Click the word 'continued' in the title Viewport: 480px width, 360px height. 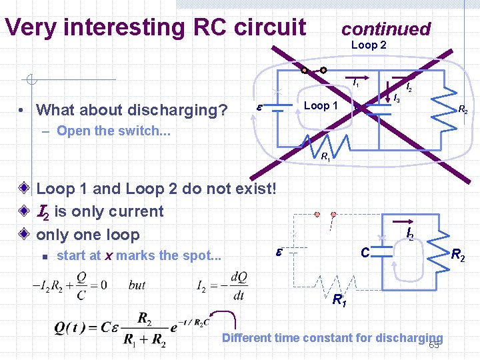386,29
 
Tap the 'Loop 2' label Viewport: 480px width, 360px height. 369,45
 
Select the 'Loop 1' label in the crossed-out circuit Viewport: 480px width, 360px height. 321,106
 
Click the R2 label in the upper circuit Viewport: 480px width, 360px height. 462,110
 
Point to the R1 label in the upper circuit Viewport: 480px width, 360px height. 325,158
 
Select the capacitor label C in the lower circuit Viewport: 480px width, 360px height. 365,253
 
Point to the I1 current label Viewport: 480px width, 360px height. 356,84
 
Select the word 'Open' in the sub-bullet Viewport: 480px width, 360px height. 74,131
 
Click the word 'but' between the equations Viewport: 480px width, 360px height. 137,285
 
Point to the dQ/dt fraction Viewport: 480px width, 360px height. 238,285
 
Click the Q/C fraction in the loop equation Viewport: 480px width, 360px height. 81,285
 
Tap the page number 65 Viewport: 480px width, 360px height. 434,345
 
